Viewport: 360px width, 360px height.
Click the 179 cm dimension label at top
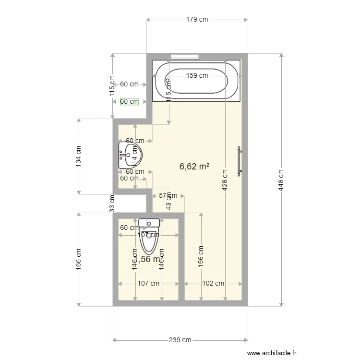197,20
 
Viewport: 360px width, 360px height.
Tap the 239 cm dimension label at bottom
180,340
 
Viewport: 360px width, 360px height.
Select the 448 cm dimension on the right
281,180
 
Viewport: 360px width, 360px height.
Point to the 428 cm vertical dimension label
225,180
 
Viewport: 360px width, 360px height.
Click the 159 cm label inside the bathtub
197,75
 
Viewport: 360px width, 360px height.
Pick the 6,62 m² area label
194,167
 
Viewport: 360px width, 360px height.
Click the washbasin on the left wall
127,155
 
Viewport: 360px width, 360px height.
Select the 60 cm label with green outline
129,101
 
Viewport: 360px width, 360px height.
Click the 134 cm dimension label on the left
79,156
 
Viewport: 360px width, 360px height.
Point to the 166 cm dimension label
79,259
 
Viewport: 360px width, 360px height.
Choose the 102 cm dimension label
213,283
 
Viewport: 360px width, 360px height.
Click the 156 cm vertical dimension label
201,256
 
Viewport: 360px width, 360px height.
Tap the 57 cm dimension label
168,195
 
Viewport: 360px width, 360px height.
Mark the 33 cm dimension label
112,203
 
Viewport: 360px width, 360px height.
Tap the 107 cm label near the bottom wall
148,283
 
